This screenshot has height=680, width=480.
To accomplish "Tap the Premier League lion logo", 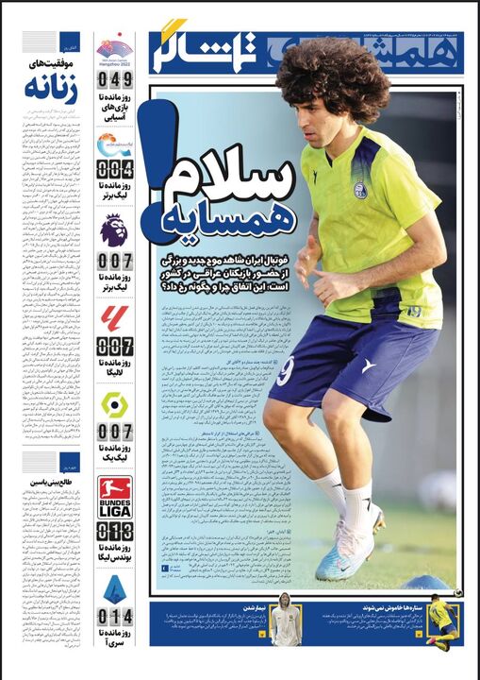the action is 115,229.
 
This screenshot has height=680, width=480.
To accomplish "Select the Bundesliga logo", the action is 115,497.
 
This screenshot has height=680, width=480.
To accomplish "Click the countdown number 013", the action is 115,532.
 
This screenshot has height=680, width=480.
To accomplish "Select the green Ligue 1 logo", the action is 115,404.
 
